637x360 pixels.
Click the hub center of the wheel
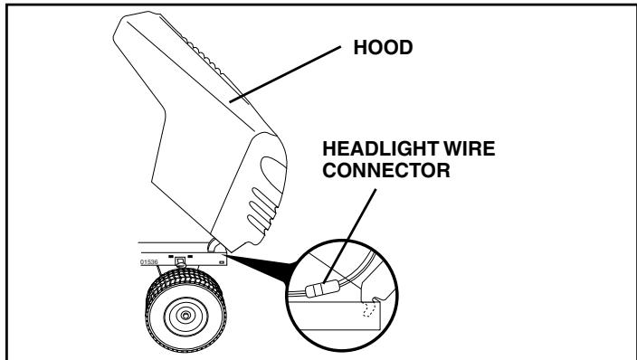(185, 317)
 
